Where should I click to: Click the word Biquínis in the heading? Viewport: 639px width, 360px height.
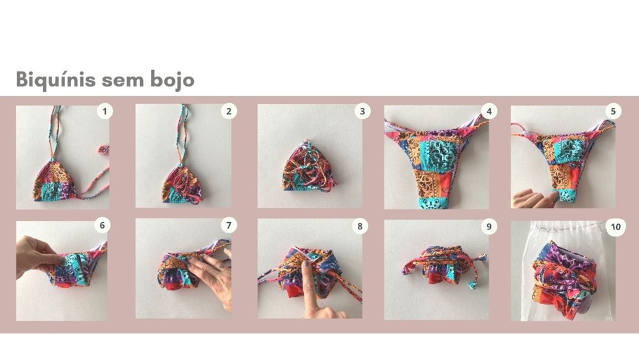coord(56,79)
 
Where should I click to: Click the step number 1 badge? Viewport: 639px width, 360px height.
coord(105,111)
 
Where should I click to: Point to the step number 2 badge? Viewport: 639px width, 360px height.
coord(229,111)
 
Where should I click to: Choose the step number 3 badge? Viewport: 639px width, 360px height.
coord(362,111)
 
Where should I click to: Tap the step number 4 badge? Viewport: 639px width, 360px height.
coord(489,111)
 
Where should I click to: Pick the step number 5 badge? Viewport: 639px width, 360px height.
coord(613,111)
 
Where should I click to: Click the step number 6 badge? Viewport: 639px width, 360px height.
coord(103,225)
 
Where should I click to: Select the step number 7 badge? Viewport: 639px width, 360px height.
coord(229,225)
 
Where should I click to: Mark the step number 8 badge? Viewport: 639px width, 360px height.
coord(360,226)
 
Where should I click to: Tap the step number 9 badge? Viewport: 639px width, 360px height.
coord(489,226)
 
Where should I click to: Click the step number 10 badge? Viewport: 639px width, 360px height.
coord(616,227)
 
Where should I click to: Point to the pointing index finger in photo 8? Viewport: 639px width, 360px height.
coord(311,289)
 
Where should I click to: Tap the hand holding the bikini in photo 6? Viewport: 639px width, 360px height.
coord(36,257)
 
